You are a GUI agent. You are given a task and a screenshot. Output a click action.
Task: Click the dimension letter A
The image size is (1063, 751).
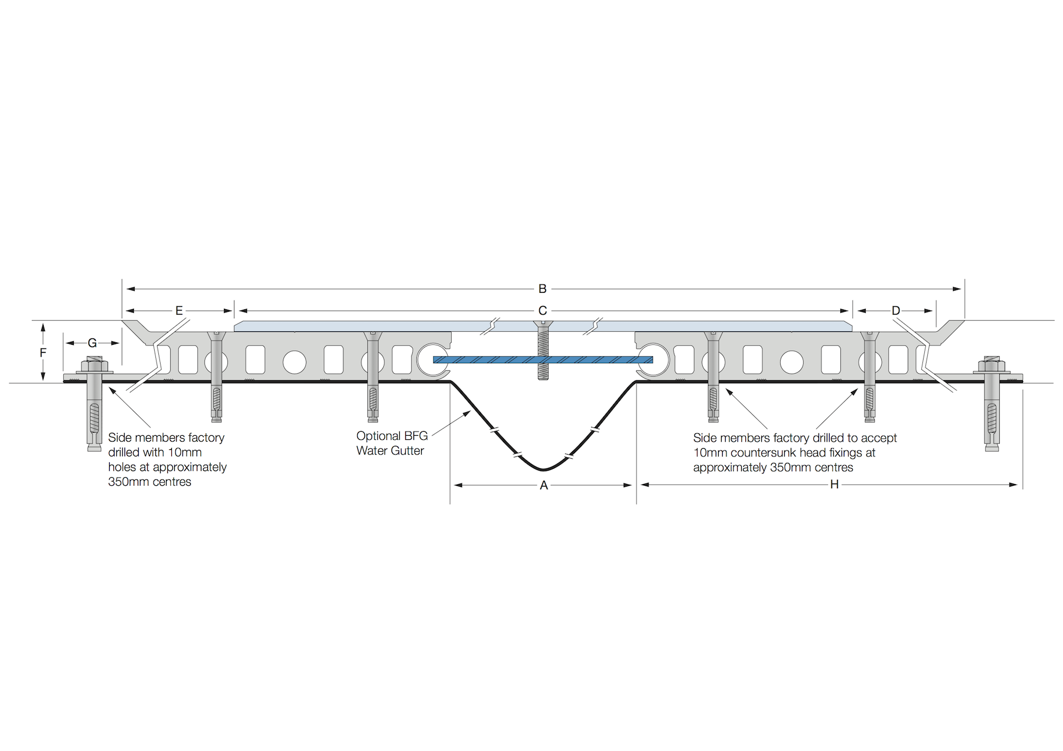click(544, 485)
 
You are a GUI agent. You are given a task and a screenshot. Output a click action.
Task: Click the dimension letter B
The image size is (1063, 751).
click(542, 289)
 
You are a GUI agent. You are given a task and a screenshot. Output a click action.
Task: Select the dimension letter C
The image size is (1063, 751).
click(542, 311)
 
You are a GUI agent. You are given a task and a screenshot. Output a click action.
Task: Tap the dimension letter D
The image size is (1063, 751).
click(896, 311)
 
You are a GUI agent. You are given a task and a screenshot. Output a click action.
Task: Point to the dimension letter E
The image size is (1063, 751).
click(179, 311)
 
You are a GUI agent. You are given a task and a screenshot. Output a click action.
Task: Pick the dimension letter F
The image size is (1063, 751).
click(43, 352)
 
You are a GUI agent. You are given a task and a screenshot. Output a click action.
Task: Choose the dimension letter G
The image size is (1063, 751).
click(92, 343)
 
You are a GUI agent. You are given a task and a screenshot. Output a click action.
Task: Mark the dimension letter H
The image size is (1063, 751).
click(834, 485)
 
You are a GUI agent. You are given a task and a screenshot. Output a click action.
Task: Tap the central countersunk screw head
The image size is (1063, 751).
click(543, 325)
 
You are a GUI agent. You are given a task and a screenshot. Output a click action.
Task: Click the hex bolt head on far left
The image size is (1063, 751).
click(94, 364)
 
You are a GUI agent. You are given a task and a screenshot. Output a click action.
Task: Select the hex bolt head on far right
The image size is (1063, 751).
click(992, 364)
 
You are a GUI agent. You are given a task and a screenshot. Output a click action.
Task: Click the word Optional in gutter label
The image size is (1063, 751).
click(378, 436)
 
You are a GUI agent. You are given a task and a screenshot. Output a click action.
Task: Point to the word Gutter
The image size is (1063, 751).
click(407, 451)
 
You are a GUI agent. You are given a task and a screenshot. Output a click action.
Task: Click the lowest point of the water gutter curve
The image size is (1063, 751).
click(544, 470)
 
